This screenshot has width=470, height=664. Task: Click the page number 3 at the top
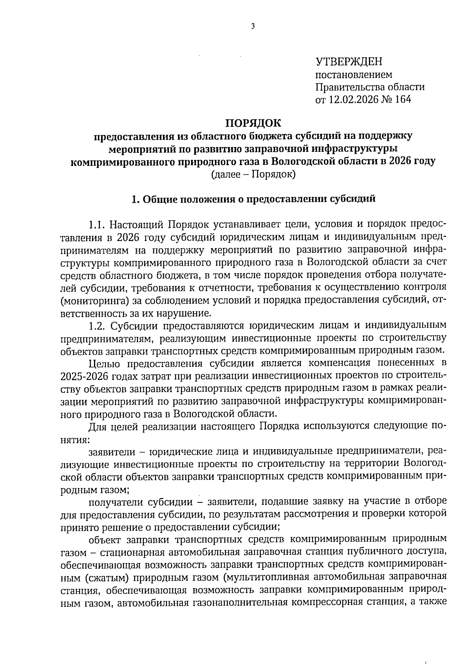click(253, 26)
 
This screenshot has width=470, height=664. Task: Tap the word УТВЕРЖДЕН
click(349, 61)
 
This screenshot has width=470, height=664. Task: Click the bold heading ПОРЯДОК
click(253, 123)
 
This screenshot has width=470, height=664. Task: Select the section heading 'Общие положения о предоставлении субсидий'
click(259, 199)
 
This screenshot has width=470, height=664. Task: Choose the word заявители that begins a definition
click(110, 452)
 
